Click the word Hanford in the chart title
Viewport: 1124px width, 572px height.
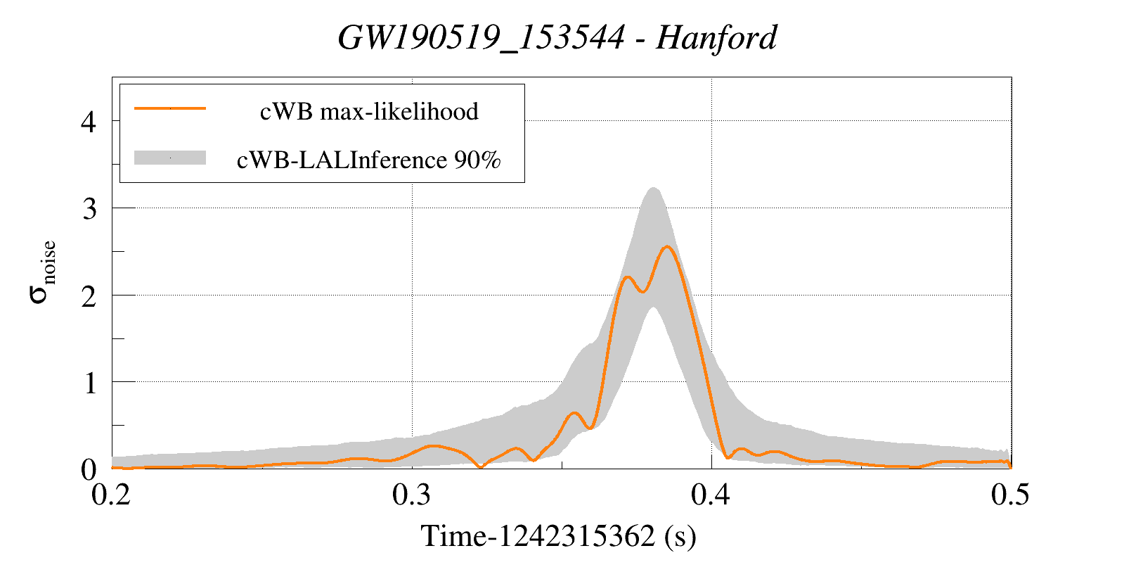716,37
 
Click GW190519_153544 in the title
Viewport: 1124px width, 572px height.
481,37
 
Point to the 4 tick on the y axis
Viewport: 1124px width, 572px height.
89,122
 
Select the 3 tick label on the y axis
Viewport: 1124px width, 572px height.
89,209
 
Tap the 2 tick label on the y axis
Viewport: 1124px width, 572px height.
89,296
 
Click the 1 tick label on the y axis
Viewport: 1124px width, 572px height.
89,383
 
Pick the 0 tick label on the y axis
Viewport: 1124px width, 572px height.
89,469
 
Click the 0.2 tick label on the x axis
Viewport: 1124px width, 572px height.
112,495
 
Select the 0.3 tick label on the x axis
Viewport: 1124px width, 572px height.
412,495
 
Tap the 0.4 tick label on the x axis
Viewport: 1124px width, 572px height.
711,495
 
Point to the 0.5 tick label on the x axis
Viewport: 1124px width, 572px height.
1010,495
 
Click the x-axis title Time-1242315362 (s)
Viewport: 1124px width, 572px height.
559,536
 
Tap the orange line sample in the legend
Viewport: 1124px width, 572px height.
170,108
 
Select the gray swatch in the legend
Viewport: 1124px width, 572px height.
170,158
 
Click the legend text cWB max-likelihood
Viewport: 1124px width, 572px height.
369,111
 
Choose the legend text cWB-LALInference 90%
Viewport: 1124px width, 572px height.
369,160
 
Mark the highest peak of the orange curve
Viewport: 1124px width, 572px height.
666,246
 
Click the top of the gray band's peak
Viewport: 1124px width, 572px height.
653,188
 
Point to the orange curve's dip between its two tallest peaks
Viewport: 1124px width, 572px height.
642,291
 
